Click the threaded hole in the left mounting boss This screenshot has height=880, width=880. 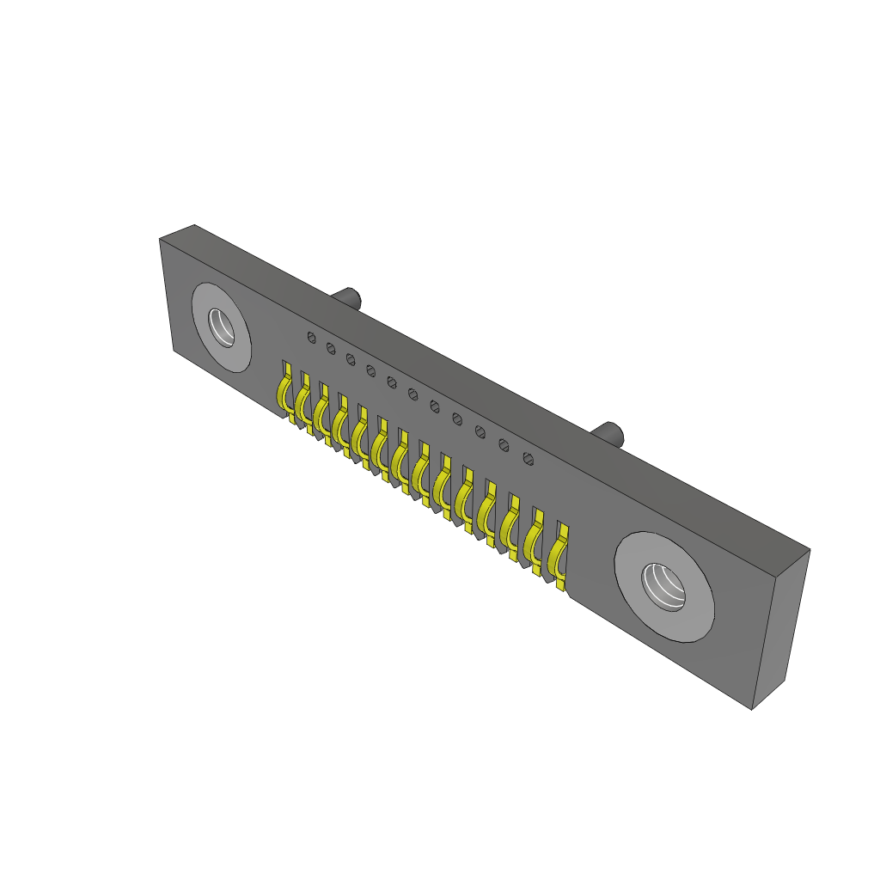coord(224,328)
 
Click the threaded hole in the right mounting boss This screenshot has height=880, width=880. coord(666,586)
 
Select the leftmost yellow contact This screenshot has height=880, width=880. coord(283,390)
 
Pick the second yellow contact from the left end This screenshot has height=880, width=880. coord(302,400)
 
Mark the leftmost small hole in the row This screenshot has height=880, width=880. coord(311,337)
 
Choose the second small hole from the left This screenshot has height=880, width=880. coord(331,347)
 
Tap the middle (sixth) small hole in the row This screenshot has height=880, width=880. coord(412,394)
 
